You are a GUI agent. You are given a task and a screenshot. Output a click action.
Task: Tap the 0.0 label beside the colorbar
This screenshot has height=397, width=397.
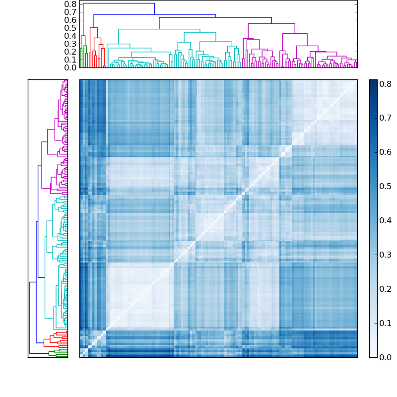click(386, 357)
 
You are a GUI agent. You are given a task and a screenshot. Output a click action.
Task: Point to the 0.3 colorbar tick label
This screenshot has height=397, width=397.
click(386, 255)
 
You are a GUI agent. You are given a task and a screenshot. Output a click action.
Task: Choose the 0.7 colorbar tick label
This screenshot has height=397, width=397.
click(386, 118)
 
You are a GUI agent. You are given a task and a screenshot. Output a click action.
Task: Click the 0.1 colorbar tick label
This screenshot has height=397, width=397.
click(386, 323)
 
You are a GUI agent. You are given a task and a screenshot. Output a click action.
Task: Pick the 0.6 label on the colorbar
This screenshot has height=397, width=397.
click(386, 152)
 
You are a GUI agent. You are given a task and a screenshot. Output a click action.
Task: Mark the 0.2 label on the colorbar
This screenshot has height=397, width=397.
click(386, 289)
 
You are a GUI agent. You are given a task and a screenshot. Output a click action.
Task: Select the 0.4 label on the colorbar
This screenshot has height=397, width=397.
click(386, 220)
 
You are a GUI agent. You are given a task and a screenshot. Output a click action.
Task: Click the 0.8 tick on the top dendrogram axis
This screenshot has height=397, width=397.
click(70, 4)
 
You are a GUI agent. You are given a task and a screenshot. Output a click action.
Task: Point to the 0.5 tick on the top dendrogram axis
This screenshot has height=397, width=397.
click(70, 28)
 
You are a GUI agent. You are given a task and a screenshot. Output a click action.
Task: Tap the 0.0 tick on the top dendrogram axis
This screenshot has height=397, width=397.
click(70, 67)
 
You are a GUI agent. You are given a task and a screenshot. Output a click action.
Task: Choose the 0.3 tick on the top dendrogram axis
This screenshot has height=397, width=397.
click(70, 44)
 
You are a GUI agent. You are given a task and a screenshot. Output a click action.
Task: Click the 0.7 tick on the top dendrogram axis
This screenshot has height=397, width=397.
click(70, 12)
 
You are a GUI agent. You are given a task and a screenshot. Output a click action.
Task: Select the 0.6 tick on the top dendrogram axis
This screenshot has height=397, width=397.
click(70, 20)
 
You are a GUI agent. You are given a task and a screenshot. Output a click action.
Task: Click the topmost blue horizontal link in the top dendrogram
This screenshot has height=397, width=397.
click(119, 3)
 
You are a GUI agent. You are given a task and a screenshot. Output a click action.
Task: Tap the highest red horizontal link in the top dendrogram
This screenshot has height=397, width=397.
click(94, 27)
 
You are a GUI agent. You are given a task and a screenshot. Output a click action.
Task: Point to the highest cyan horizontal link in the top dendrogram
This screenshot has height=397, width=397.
click(159, 29)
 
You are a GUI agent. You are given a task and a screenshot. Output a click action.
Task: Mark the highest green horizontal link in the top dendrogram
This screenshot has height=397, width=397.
click(83, 36)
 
